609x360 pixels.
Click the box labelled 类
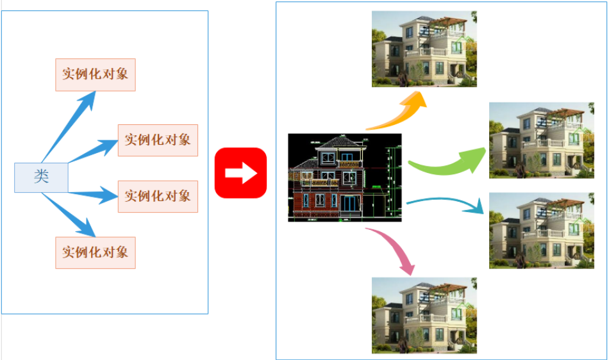[41, 177]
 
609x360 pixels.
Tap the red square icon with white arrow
[240, 173]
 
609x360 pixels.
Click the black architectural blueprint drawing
[344, 177]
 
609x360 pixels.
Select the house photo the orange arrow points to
[424, 49]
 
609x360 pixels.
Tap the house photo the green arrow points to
[542, 140]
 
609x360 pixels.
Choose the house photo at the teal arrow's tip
[542, 230]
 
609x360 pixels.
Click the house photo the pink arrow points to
[424, 315]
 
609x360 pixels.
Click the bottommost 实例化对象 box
[95, 252]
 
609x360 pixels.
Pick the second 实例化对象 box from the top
[158, 140]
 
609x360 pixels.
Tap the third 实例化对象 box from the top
[158, 196]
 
